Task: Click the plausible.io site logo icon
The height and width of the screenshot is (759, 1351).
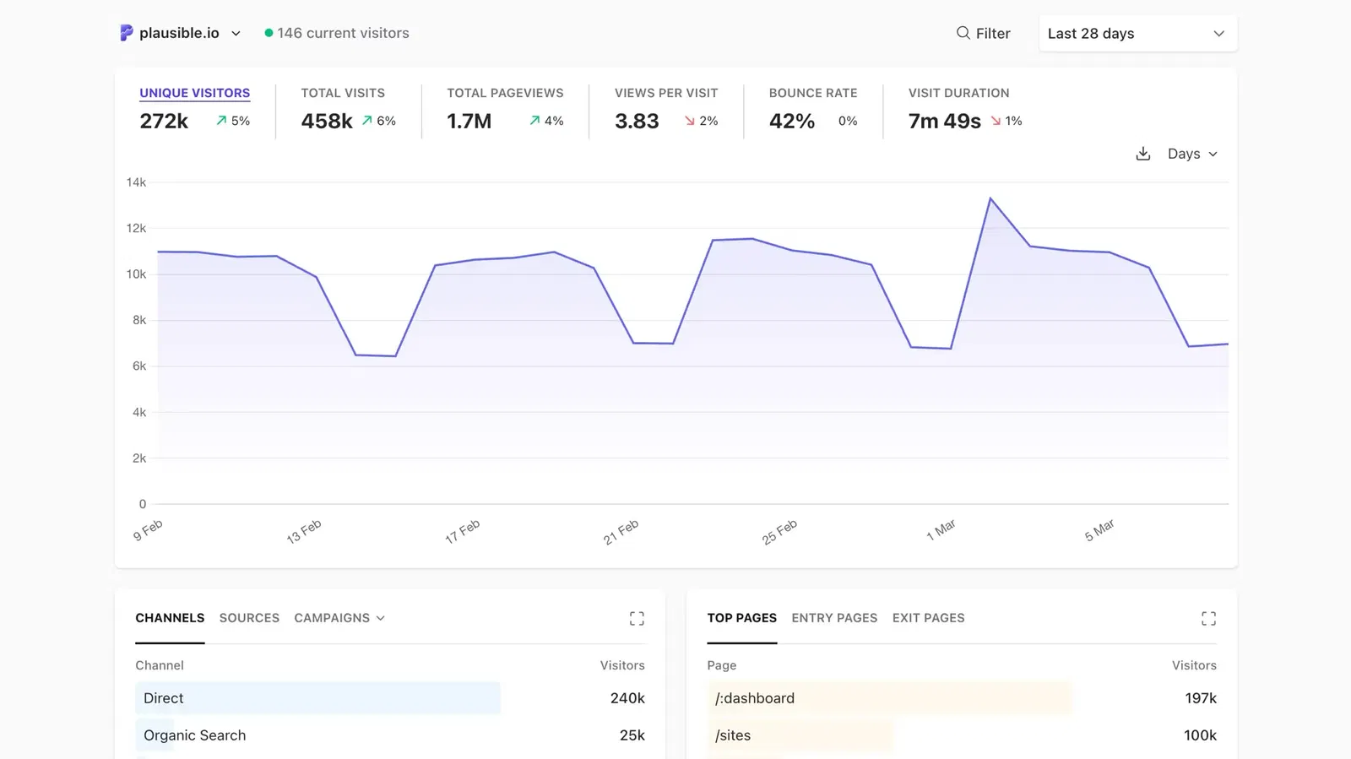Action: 127,33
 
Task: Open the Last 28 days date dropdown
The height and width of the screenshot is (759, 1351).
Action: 1137,34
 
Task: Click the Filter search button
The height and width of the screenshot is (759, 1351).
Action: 983,34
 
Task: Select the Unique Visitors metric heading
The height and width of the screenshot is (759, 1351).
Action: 195,93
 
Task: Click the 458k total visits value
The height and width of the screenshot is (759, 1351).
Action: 327,122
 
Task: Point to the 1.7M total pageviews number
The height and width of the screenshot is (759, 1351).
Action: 469,122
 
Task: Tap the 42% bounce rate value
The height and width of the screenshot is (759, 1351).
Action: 792,122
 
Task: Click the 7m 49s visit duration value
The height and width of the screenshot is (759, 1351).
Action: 944,122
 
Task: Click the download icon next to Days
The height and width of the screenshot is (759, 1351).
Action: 1143,154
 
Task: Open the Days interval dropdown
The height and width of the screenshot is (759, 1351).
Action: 1192,154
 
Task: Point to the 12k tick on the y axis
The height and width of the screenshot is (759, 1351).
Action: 136,228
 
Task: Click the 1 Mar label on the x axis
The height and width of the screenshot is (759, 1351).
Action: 941,530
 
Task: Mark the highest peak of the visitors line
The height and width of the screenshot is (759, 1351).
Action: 990,198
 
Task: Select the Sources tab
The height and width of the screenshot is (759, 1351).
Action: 249,618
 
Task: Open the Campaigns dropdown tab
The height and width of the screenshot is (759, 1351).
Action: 339,618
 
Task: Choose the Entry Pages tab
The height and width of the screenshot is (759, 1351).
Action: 834,618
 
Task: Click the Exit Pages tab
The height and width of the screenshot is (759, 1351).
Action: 928,618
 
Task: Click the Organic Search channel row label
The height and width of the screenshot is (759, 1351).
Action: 195,735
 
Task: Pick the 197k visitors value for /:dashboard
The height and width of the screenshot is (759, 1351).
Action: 1200,698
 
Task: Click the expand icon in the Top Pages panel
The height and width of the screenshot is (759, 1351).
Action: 1208,619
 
